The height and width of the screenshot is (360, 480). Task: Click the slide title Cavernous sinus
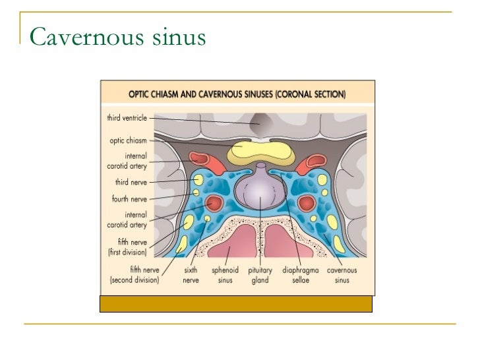tap(118, 37)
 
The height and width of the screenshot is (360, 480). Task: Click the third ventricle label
tap(127, 119)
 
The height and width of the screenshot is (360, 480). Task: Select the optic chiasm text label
tap(129, 140)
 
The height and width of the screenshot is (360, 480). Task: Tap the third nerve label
tap(131, 182)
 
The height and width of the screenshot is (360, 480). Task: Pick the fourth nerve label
tap(129, 198)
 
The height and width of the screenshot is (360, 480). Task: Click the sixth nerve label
tap(191, 275)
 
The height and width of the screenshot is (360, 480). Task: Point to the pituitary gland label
tap(261, 275)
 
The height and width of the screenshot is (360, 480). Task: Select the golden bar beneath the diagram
tap(235, 303)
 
